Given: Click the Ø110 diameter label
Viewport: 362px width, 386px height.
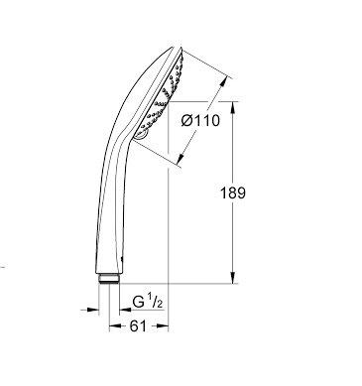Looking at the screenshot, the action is [200, 121].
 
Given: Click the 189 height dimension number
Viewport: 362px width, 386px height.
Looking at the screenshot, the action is [233, 193].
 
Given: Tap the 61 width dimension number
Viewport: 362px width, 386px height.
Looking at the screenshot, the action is [138, 326].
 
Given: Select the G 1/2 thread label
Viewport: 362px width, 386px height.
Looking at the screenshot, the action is [148, 302].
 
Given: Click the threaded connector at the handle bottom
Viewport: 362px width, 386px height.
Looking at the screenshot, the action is [109, 279].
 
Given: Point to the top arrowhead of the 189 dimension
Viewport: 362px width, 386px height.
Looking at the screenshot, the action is [233, 107].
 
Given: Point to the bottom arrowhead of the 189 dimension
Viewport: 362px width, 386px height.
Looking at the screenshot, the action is [233, 278].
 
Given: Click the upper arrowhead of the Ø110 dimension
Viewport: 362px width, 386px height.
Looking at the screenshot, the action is [224, 82].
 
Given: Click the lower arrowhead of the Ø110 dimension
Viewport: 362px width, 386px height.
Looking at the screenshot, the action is [181, 159].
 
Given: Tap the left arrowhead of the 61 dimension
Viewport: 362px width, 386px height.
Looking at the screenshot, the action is [115, 326].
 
